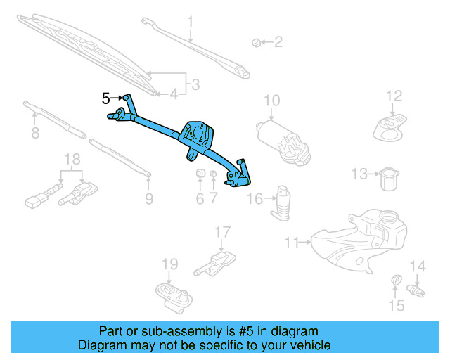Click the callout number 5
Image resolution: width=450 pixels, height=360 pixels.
click(x=106, y=98)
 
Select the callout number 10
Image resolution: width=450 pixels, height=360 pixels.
click(x=272, y=101)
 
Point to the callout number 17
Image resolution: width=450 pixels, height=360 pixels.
click(x=222, y=232)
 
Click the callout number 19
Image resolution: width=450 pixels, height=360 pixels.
click(x=171, y=264)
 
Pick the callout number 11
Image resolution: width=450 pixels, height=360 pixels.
click(x=291, y=243)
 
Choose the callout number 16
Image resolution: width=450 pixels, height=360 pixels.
click(x=256, y=200)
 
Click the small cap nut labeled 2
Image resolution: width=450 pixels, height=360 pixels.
click(x=256, y=43)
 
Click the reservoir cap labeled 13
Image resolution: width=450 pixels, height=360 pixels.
click(x=386, y=178)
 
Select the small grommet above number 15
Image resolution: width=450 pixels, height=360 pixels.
click(x=396, y=283)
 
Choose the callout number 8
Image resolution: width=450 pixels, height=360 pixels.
click(x=34, y=134)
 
